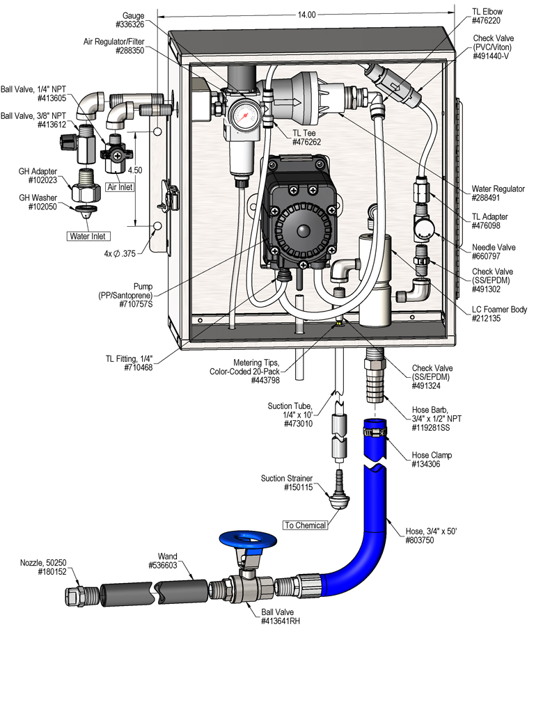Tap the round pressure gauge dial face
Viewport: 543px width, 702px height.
point(242,114)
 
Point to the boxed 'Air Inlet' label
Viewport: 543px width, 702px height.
point(119,186)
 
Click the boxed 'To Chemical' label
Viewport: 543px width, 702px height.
point(305,525)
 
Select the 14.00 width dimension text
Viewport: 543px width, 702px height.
point(306,14)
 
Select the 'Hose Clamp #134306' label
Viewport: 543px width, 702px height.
point(432,460)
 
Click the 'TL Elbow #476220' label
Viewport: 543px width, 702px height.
point(487,16)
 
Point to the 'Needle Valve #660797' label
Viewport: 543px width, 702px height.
point(494,252)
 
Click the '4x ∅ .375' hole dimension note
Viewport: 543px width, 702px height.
point(125,255)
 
